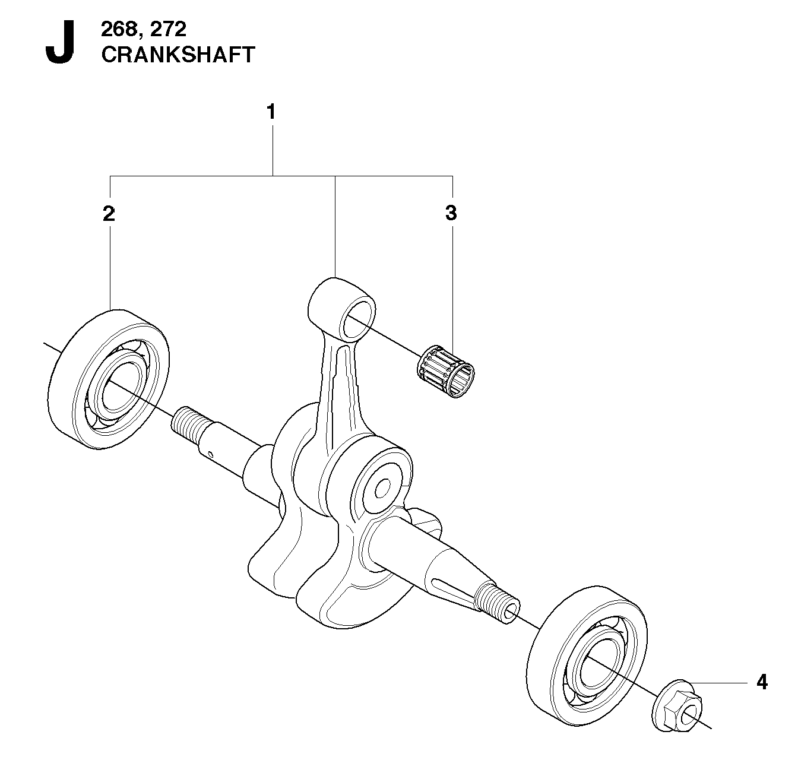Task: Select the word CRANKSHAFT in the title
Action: click(x=178, y=55)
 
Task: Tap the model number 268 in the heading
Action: click(x=119, y=29)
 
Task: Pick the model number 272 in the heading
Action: click(x=167, y=29)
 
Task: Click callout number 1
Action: click(x=271, y=112)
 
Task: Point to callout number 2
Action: click(x=109, y=214)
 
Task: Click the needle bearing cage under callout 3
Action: click(x=445, y=371)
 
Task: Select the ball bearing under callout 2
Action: click(x=109, y=379)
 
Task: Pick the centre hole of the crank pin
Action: click(x=382, y=489)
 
